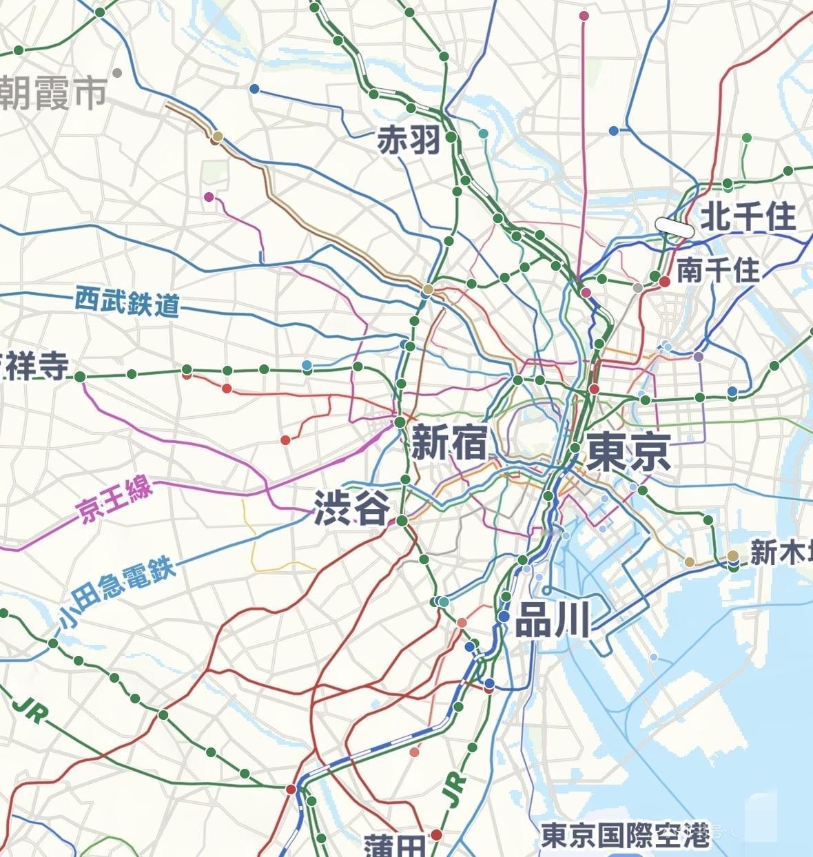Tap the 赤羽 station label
[x=409, y=141]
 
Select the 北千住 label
[x=748, y=217]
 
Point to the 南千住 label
[x=718, y=269]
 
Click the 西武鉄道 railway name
[x=127, y=302]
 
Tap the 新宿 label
[x=449, y=442]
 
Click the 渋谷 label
[x=352, y=508]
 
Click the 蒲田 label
[x=395, y=845]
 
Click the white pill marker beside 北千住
[x=674, y=226]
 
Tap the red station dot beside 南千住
[x=665, y=281]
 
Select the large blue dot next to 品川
[x=504, y=617]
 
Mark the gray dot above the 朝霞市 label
[x=117, y=73]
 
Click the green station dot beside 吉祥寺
[x=80, y=376]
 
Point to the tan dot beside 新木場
[x=733, y=555]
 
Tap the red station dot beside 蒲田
[x=436, y=835]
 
